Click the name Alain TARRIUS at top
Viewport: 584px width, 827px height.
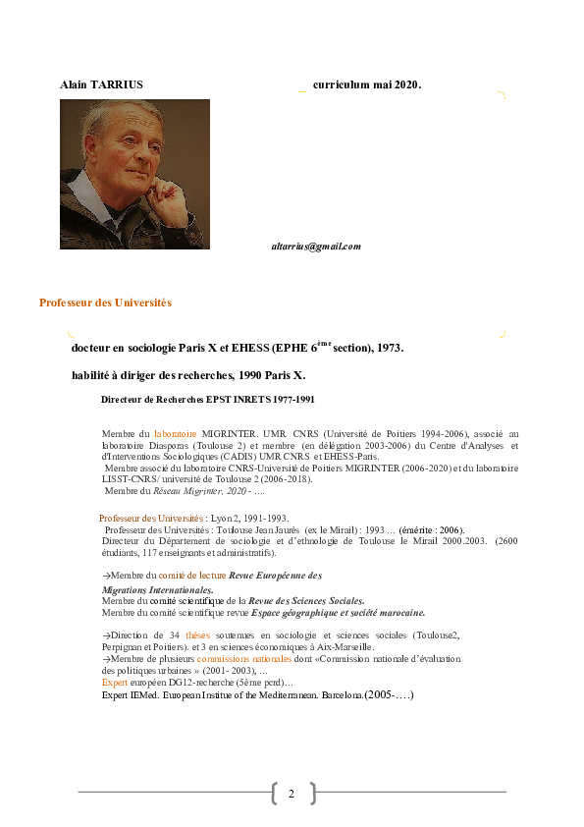101,84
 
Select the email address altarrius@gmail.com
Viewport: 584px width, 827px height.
316,247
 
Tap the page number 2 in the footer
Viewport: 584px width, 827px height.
292,793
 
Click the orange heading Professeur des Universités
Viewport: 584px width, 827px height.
105,303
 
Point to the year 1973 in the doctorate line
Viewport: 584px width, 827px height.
389,348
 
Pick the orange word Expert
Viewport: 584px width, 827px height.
115,682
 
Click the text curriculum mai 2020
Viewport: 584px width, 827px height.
367,84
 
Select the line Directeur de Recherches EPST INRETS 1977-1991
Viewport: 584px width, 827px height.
207,400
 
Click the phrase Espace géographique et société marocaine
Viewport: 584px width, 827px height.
339,612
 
